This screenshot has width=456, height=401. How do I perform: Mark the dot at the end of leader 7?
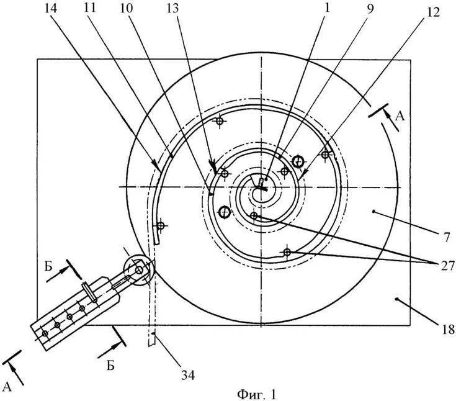click(x=373, y=212)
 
